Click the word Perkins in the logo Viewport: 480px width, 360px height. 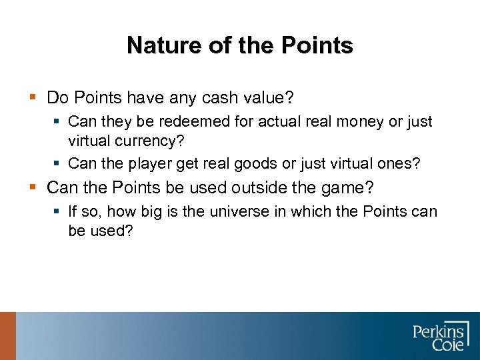click(438, 330)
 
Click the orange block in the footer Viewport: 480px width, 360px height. click(7, 336)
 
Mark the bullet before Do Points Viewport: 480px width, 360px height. click(33, 98)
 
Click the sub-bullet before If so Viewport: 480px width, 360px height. click(59, 212)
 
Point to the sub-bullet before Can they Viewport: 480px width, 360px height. click(59, 122)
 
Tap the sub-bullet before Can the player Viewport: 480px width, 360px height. click(59, 163)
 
